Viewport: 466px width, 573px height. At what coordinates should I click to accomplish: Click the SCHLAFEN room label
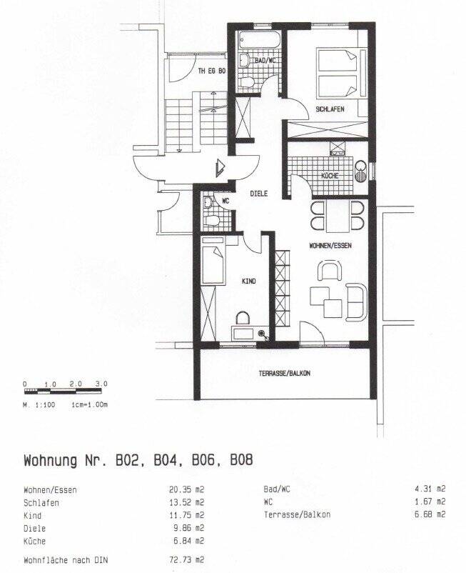[x=330, y=109]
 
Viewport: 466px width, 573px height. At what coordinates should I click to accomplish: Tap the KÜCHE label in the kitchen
[x=330, y=176]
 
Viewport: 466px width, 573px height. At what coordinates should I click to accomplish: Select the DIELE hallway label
[x=259, y=194]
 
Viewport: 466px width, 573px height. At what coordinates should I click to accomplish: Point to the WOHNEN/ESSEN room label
[x=330, y=246]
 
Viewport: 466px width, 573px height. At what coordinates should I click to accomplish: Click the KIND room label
[x=249, y=281]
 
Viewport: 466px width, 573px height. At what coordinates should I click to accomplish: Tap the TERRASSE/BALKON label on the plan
[x=284, y=374]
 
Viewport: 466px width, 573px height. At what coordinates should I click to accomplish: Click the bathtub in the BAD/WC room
[x=260, y=40]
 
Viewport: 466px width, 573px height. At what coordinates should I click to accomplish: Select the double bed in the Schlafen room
[x=342, y=74]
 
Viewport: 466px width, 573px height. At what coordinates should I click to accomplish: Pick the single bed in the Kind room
[x=213, y=260]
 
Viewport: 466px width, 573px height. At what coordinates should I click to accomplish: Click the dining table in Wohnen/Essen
[x=338, y=216]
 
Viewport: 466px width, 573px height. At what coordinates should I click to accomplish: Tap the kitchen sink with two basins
[x=361, y=171]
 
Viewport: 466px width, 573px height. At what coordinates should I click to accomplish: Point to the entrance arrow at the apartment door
[x=221, y=168]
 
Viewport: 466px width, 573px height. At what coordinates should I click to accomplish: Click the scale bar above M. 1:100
[x=63, y=391]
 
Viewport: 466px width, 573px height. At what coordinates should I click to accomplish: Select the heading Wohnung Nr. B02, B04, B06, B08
[x=138, y=460]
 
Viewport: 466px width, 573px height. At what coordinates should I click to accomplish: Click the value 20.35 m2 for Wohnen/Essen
[x=186, y=489]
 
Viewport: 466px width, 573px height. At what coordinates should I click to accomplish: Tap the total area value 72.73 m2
[x=186, y=560]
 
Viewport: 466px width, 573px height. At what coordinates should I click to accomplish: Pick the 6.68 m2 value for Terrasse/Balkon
[x=430, y=514]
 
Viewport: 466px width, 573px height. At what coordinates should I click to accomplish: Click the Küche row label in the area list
[x=35, y=542]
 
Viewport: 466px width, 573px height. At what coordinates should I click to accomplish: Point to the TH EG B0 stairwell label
[x=212, y=71]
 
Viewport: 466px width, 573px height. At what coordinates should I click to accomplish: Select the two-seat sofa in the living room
[x=356, y=302]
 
